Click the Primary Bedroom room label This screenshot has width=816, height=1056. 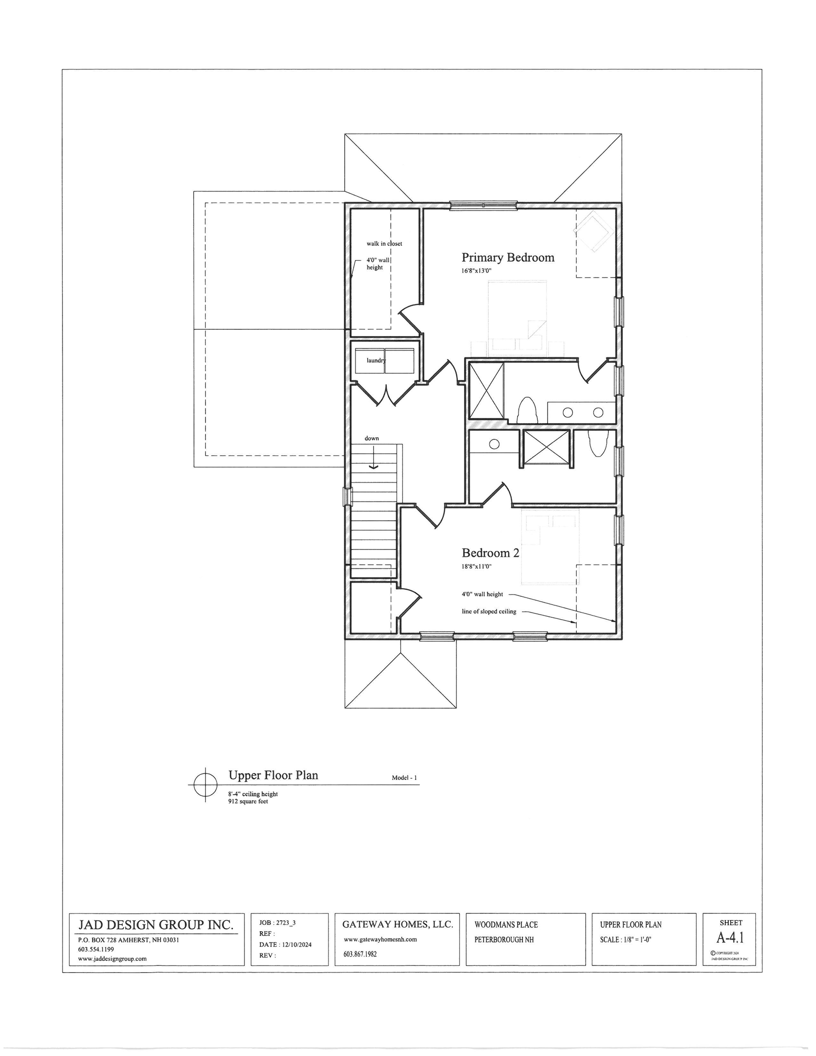pyautogui.click(x=507, y=257)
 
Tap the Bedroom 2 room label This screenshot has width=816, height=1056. pyautogui.click(x=490, y=553)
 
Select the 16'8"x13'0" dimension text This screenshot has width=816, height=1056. pyautogui.click(x=476, y=271)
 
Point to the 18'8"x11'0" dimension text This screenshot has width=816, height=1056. pyautogui.click(x=476, y=566)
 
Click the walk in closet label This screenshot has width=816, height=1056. pyautogui.click(x=384, y=244)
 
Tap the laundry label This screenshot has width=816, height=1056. pyautogui.click(x=376, y=360)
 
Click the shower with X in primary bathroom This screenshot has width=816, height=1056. pyautogui.click(x=486, y=390)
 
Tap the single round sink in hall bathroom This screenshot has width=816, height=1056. pyautogui.click(x=494, y=444)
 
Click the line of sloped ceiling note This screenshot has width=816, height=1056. pyautogui.click(x=489, y=612)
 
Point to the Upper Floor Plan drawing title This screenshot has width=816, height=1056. pyautogui.click(x=273, y=775)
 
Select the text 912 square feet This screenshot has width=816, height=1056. pyautogui.click(x=248, y=802)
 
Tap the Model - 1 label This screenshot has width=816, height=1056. pyautogui.click(x=404, y=778)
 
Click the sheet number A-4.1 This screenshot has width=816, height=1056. pyautogui.click(x=730, y=938)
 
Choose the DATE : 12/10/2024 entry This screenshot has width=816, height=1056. pyautogui.click(x=286, y=945)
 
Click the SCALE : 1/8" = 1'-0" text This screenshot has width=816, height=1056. pyautogui.click(x=629, y=940)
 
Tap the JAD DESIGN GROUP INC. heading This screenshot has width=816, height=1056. pyautogui.click(x=156, y=925)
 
